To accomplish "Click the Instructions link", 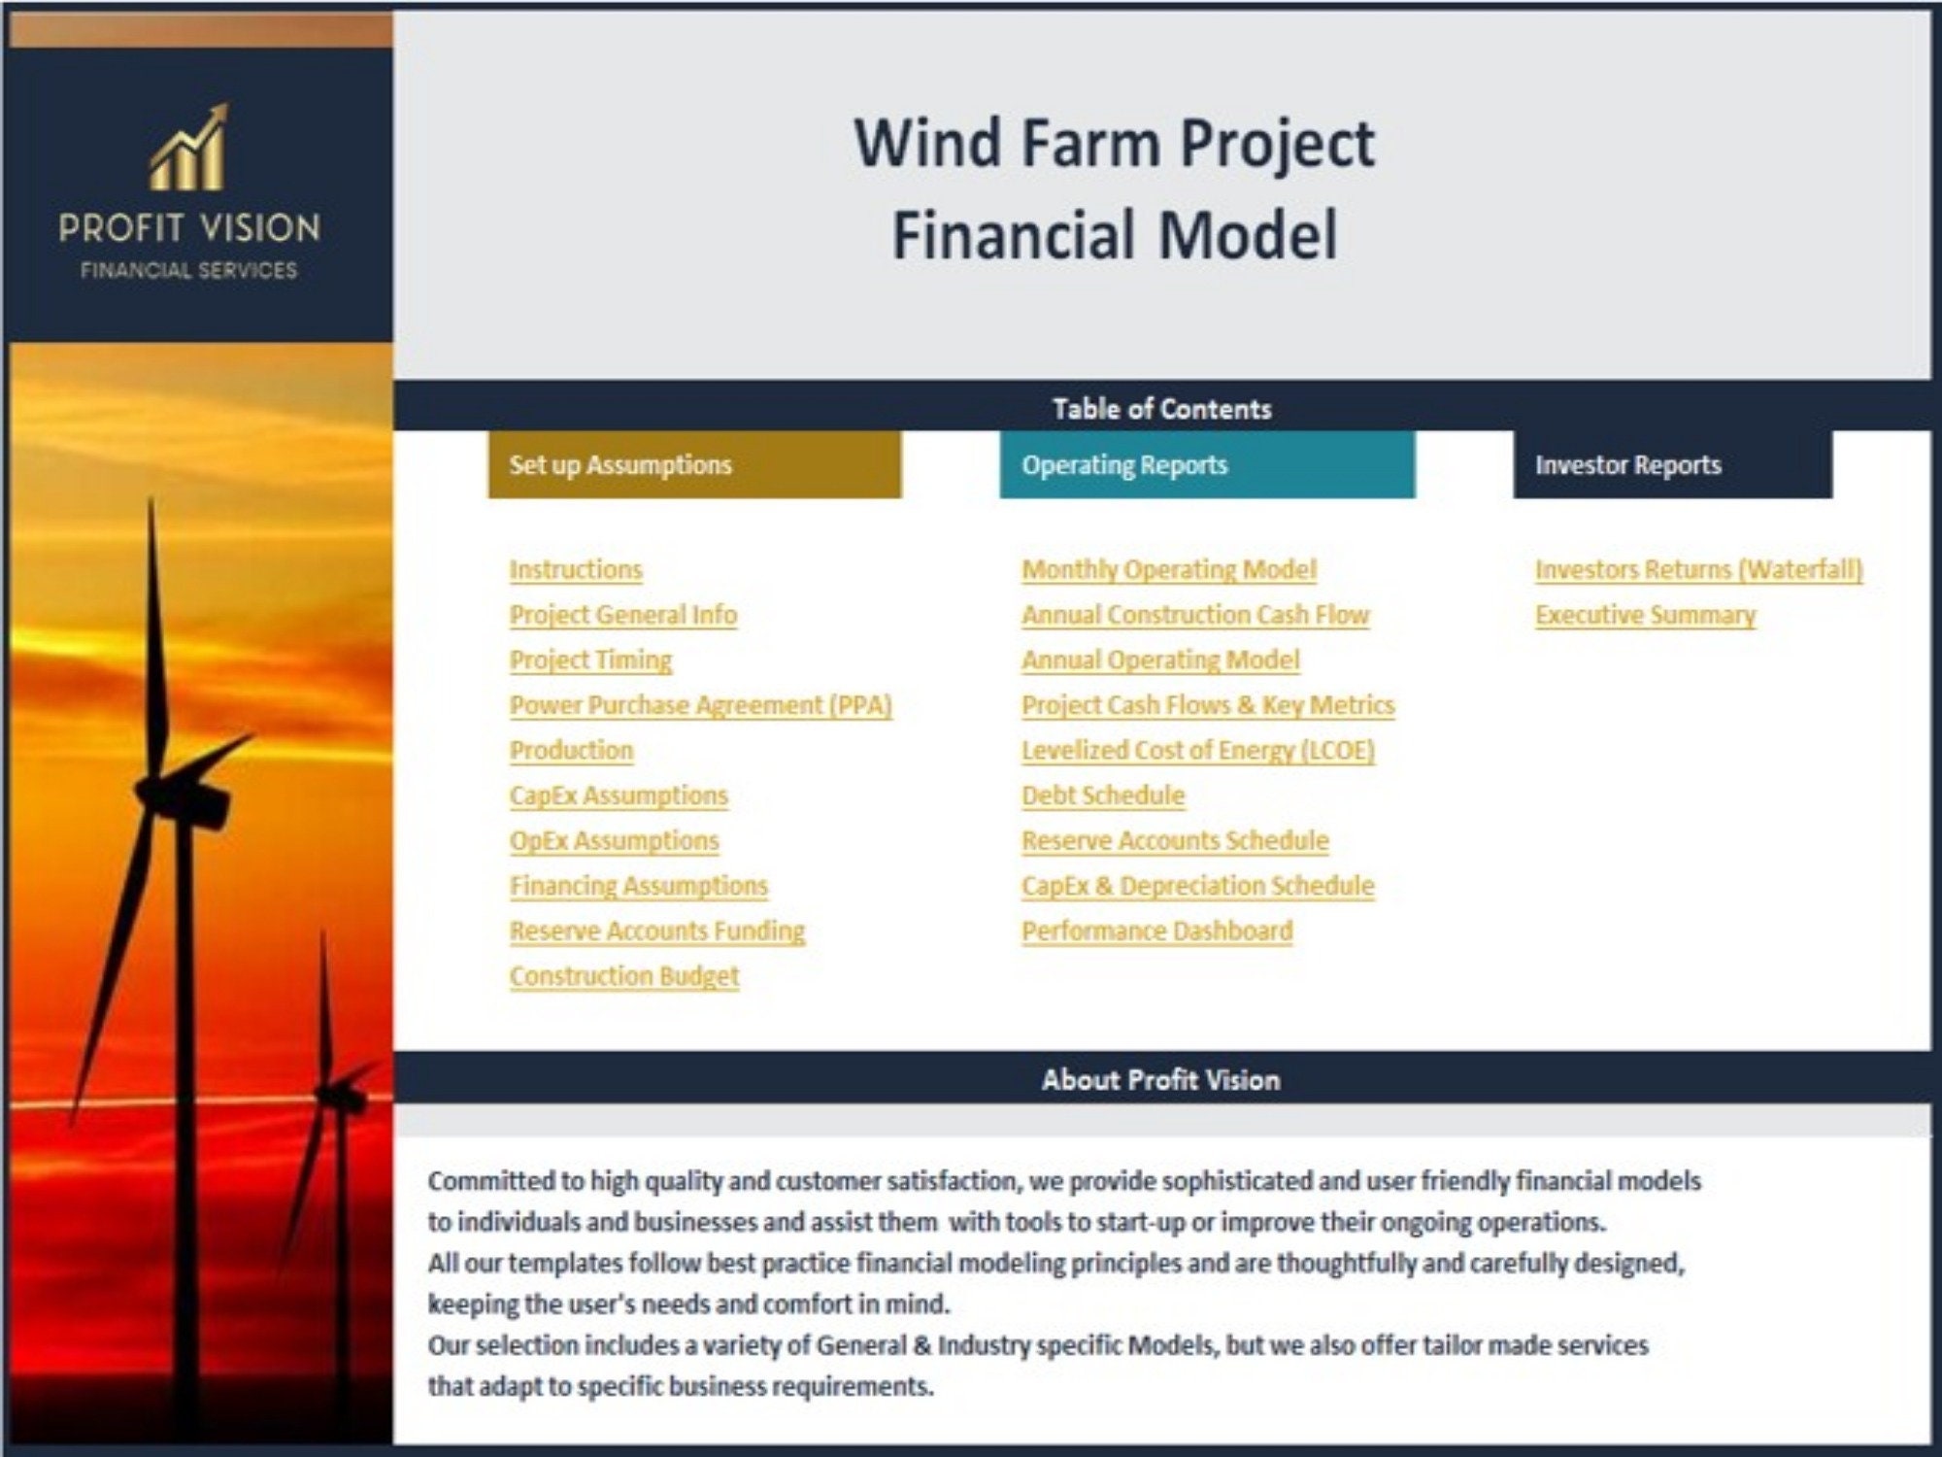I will click(x=576, y=569).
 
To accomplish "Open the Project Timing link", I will click(x=590, y=660).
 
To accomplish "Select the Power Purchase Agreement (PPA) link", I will click(x=700, y=705).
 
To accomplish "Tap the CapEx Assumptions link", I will click(x=619, y=796).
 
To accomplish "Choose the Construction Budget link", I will click(x=624, y=976).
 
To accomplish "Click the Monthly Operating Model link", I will click(x=1169, y=569).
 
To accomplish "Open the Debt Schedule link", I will click(x=1103, y=796).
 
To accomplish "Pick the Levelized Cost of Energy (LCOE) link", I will click(x=1198, y=750).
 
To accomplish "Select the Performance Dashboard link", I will click(x=1157, y=931).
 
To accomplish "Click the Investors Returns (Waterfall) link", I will click(x=1698, y=569).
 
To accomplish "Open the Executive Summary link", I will click(x=1646, y=615).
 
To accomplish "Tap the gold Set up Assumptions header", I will click(x=694, y=465).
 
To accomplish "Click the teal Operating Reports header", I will click(x=1207, y=465).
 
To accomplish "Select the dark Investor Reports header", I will click(x=1672, y=465).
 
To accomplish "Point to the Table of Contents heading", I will click(x=1161, y=409).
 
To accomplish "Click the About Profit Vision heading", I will click(x=1161, y=1080).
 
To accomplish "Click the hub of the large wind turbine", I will click(x=155, y=789).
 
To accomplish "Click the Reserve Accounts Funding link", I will click(x=657, y=931).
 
